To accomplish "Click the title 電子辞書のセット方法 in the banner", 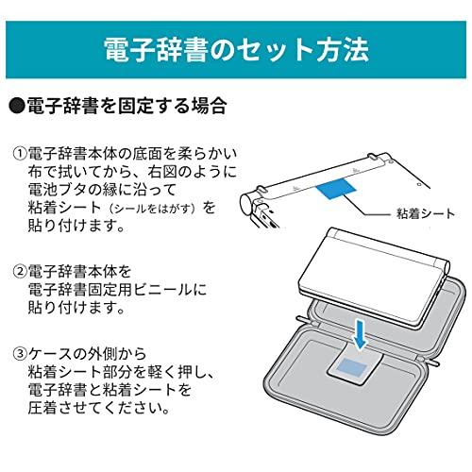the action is (x=236, y=50).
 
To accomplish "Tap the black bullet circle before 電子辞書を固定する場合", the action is (x=16, y=107).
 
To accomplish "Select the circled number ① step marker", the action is (x=20, y=154).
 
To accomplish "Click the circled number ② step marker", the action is (x=20, y=272).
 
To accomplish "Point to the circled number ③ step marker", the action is (x=20, y=354).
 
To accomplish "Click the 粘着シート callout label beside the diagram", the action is (x=426, y=214).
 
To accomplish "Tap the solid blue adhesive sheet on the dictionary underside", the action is (x=336, y=189).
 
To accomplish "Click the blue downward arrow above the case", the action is (x=361, y=333).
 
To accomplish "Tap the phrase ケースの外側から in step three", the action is (x=87, y=354).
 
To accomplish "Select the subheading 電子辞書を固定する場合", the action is (x=126, y=107).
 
